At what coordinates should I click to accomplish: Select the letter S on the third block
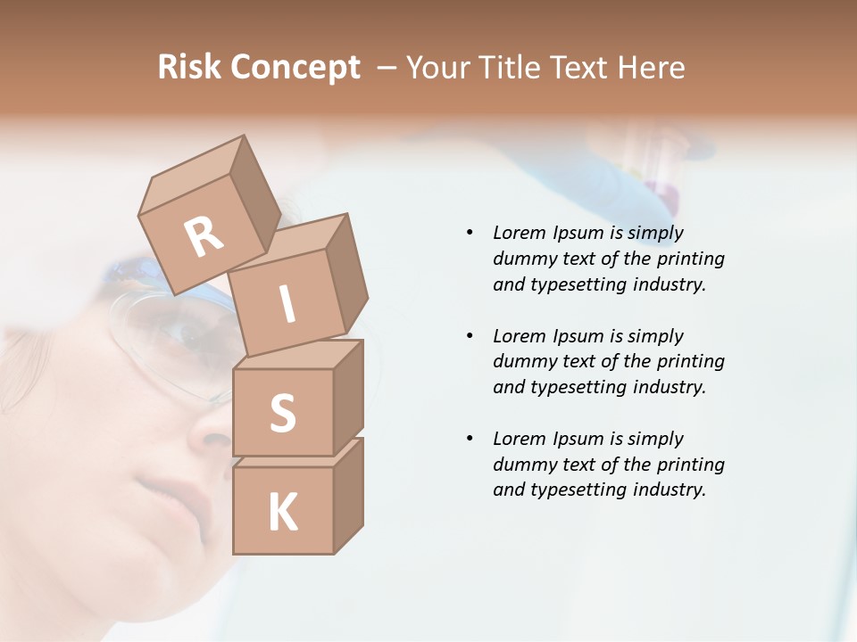[x=283, y=413]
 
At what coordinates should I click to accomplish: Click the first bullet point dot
[x=470, y=233]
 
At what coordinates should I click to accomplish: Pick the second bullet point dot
[x=470, y=336]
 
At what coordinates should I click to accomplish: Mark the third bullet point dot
[x=470, y=439]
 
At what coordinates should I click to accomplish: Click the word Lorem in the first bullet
[x=519, y=233]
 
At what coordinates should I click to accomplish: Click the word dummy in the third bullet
[x=521, y=465]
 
